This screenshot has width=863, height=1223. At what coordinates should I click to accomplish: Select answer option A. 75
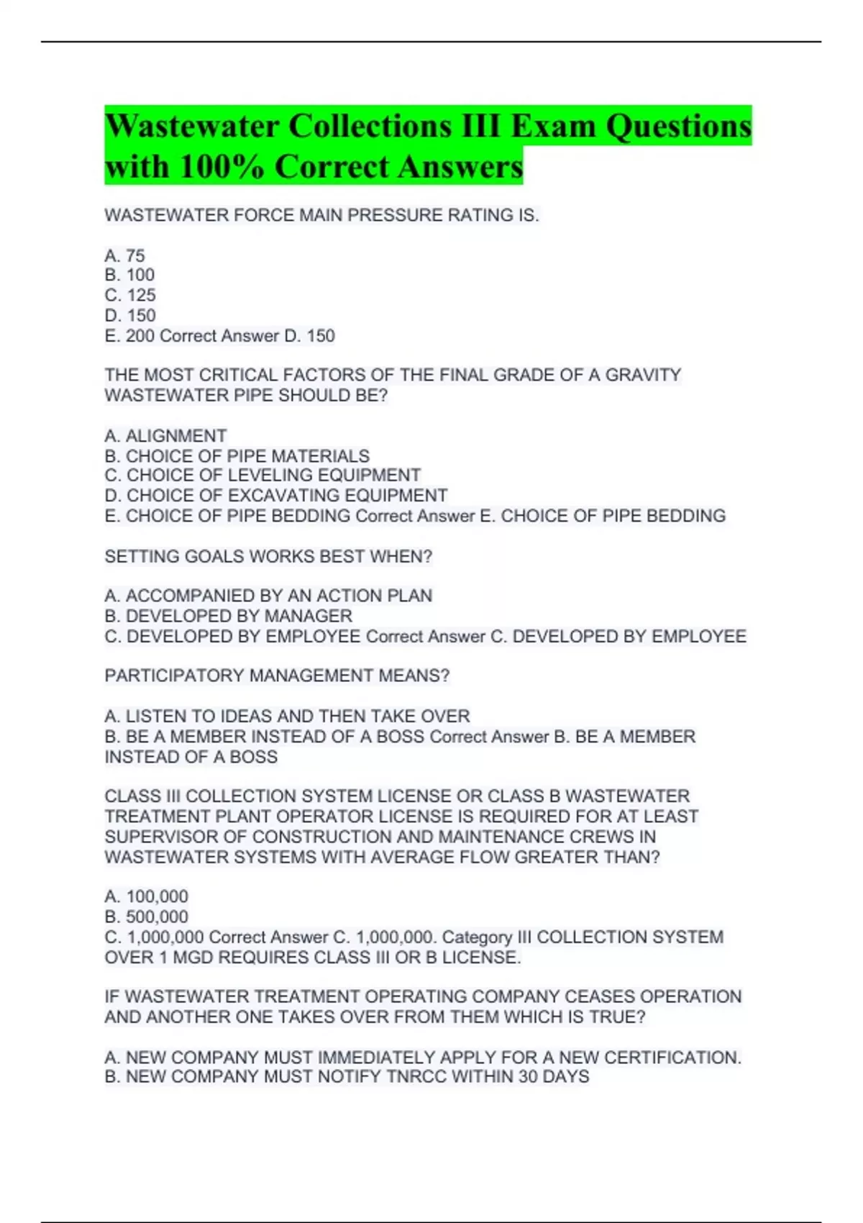point(124,255)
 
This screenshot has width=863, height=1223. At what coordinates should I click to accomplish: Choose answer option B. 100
point(129,275)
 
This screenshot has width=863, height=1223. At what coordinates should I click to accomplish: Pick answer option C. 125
point(130,295)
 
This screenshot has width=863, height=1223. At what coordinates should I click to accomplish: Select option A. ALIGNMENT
point(165,436)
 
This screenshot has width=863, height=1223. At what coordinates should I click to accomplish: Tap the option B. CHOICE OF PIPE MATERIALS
point(237,456)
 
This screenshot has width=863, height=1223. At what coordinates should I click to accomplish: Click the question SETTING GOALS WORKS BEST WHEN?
point(268,557)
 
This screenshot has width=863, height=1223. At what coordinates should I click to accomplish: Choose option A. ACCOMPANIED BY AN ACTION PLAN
point(268,596)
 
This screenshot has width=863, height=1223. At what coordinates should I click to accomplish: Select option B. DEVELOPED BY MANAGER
point(228,616)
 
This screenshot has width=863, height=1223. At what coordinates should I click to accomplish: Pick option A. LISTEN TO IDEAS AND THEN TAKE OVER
point(287,717)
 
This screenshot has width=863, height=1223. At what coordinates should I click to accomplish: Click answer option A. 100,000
point(146,896)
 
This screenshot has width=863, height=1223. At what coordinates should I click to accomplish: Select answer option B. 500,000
point(146,917)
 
